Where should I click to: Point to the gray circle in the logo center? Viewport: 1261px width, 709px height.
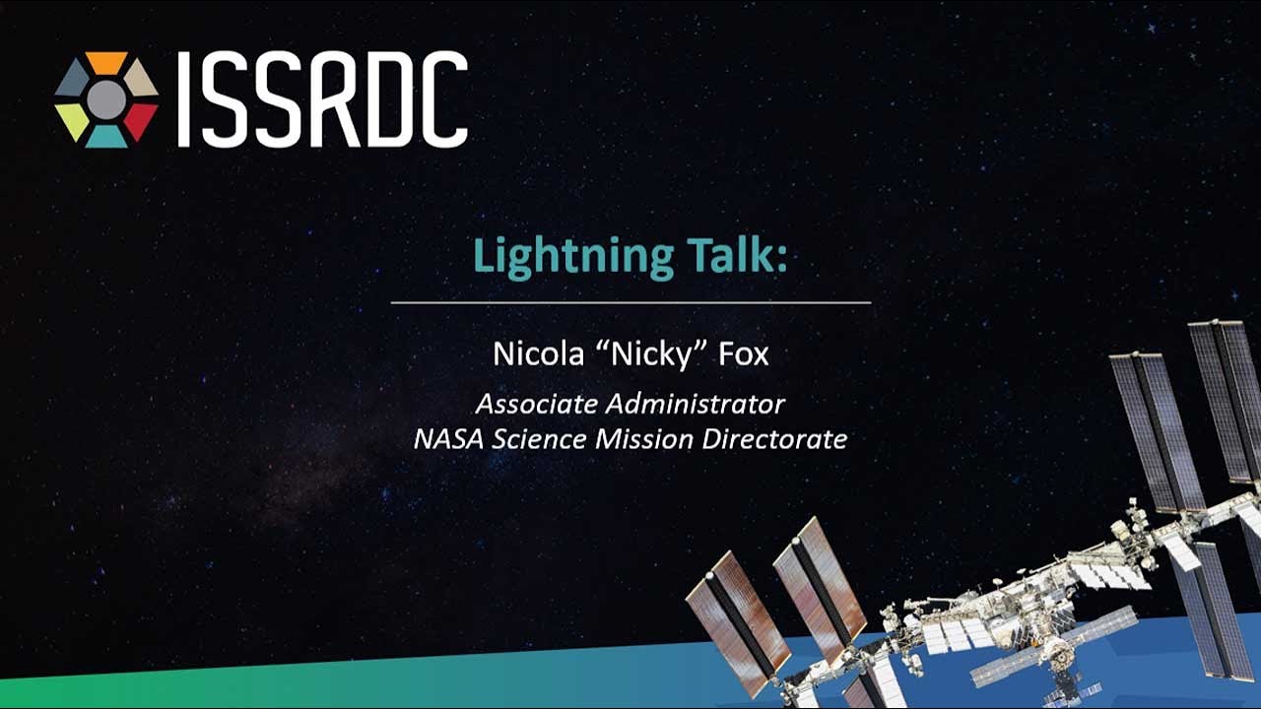[x=106, y=100]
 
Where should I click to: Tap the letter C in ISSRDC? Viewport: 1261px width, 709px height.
[x=443, y=99]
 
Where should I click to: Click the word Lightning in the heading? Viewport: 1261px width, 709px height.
[x=573, y=257]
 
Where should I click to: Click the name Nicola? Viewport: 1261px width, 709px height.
[x=539, y=354]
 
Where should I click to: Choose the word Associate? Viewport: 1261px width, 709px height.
[x=537, y=404]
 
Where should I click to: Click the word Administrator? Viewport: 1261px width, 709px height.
[x=696, y=404]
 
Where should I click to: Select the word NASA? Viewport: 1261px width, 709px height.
[x=448, y=439]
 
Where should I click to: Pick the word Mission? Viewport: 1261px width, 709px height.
[x=644, y=439]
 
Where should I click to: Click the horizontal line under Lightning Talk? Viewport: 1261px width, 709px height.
[x=631, y=302]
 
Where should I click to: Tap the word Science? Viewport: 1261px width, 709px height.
[x=539, y=439]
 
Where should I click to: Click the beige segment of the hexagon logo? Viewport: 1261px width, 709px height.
[x=140, y=79]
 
